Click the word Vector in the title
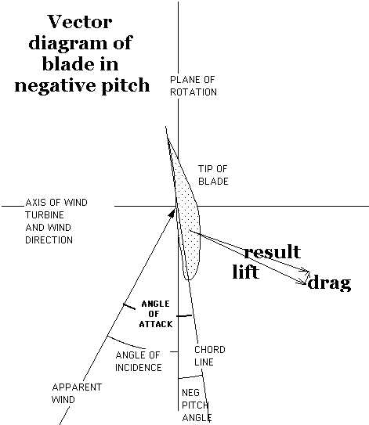[80, 22]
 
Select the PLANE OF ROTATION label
[194, 86]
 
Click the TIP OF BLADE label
[213, 175]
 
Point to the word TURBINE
[45, 215]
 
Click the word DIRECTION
[49, 240]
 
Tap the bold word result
[273, 251]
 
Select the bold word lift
[246, 272]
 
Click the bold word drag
[329, 283]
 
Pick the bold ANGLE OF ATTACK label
[156, 314]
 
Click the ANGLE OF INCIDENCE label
[139, 362]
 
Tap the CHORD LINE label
[210, 356]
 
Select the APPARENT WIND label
[77, 393]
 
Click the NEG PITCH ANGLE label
[196, 406]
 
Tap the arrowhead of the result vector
[306, 270]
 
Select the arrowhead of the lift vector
[303, 283]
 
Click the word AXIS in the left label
[35, 203]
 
